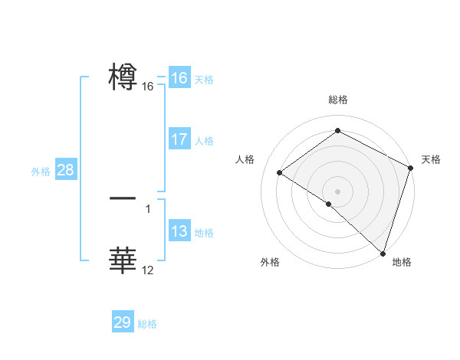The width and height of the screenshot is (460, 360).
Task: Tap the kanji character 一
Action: point(123,198)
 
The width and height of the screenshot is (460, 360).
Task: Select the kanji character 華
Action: point(123,260)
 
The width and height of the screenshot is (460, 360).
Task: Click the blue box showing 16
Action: point(179,78)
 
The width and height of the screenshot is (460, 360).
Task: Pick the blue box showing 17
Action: point(179,139)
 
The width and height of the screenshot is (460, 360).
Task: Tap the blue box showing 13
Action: point(179,231)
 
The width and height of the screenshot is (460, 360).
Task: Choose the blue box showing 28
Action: point(65,170)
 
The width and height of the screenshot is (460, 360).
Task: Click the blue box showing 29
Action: point(123,322)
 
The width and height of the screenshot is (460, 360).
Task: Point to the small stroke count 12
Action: point(148,270)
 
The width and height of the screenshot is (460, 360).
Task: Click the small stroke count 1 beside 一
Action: point(148,208)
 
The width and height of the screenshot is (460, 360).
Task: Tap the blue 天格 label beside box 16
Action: point(204,80)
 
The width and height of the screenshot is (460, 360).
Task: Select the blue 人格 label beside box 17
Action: point(204,141)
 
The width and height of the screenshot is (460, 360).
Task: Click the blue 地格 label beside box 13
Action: point(204,233)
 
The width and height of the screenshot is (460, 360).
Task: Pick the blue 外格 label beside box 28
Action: point(41,172)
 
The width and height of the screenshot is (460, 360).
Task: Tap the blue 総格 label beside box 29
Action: point(147,324)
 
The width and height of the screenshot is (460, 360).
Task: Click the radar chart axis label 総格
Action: point(337,100)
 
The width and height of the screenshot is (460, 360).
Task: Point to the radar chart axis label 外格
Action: point(270,262)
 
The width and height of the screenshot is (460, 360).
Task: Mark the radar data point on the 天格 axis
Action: point(411,168)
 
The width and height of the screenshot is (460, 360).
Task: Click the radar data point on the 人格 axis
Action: point(280,172)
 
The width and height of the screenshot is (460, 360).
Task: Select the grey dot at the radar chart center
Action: point(337,191)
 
